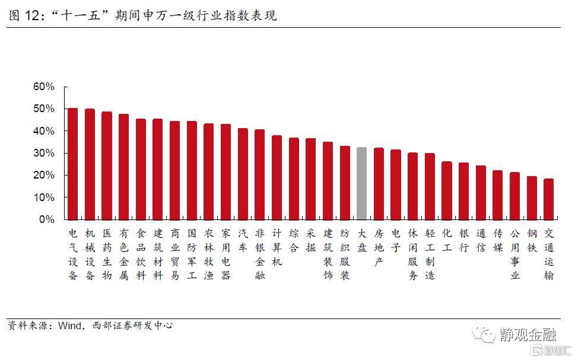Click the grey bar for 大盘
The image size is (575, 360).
[x=361, y=183]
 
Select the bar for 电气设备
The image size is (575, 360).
[x=72, y=164]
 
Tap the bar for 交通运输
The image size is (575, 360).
[x=549, y=199]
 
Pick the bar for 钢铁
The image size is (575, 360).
[x=532, y=197]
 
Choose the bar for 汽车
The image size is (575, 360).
[x=243, y=174]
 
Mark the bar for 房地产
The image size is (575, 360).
[x=379, y=184]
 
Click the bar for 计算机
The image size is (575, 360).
[x=277, y=177]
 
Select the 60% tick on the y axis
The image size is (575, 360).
[x=43, y=87]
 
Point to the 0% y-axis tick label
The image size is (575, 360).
[x=46, y=219]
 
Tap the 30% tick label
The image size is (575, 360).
[x=43, y=153]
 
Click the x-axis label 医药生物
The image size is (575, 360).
[x=107, y=254]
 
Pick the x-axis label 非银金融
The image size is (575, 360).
[x=260, y=254]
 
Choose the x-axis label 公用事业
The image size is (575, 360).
[x=515, y=254]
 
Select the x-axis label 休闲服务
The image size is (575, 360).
[x=413, y=254]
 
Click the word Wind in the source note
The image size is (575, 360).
[x=69, y=326]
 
